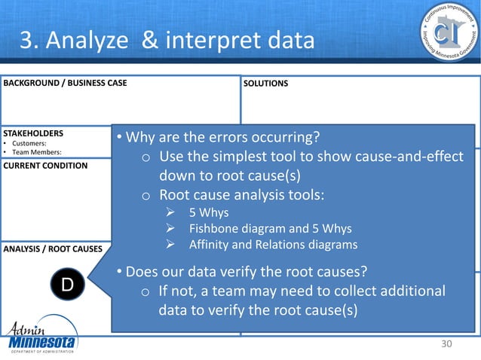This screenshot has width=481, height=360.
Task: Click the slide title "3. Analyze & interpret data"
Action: (166, 40)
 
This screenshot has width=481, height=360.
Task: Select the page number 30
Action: (448, 344)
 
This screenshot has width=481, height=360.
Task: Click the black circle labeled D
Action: (67, 285)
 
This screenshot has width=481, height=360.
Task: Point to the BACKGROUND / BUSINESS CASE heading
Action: (65, 83)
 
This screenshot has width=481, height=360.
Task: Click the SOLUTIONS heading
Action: (265, 83)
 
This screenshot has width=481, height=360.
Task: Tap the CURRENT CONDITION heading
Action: (45, 165)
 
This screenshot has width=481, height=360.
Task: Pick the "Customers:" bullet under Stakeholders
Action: (29, 143)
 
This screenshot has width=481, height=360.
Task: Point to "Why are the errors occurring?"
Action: (219, 138)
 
